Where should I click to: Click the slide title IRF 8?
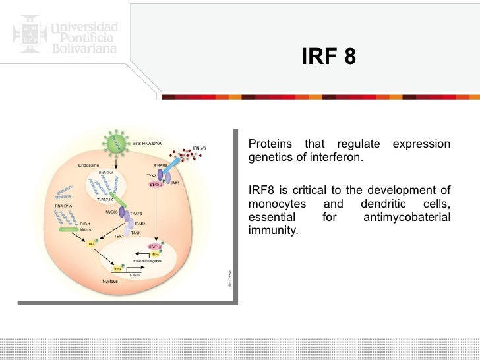tap(328, 58)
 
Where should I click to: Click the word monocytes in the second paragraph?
tap(277, 204)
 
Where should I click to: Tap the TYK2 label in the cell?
tap(152, 177)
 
